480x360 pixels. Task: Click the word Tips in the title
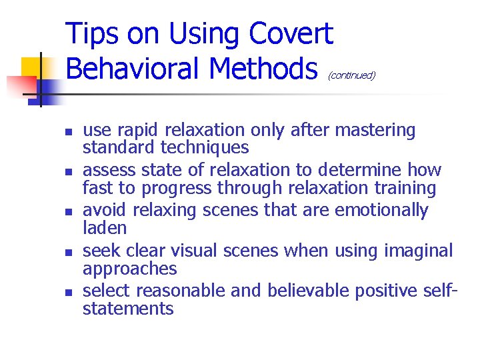click(x=94, y=33)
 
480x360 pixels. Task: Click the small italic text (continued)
click(x=351, y=75)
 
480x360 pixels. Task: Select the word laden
click(x=105, y=228)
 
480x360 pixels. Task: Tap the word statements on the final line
click(x=128, y=309)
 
